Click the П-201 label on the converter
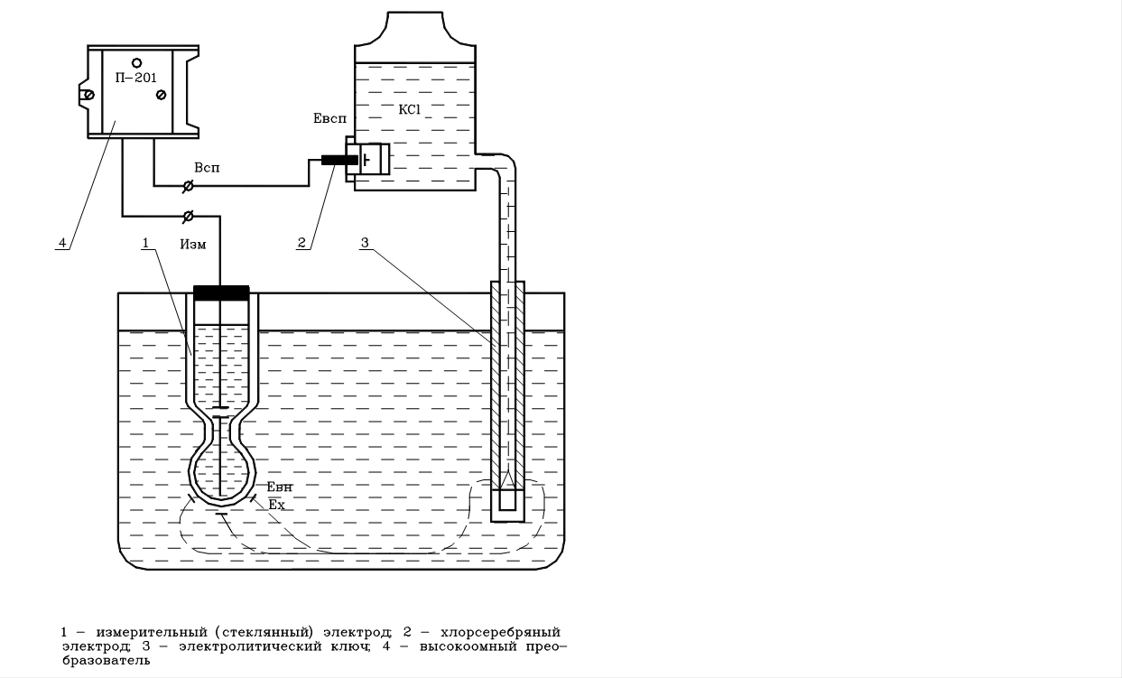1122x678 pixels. (x=136, y=78)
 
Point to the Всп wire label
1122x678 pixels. (x=207, y=169)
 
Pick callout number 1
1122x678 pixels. (x=147, y=243)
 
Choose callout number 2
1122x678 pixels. (x=303, y=242)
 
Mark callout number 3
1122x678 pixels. (x=364, y=242)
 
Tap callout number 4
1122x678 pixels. (x=61, y=242)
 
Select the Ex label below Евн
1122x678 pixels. (x=276, y=505)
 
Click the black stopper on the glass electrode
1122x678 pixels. (x=221, y=293)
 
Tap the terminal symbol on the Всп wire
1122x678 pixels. (x=188, y=186)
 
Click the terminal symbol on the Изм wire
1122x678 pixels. (x=188, y=216)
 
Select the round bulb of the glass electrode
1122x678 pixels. (x=221, y=470)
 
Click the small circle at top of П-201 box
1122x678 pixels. (x=136, y=61)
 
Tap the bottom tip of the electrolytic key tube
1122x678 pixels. (x=508, y=508)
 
